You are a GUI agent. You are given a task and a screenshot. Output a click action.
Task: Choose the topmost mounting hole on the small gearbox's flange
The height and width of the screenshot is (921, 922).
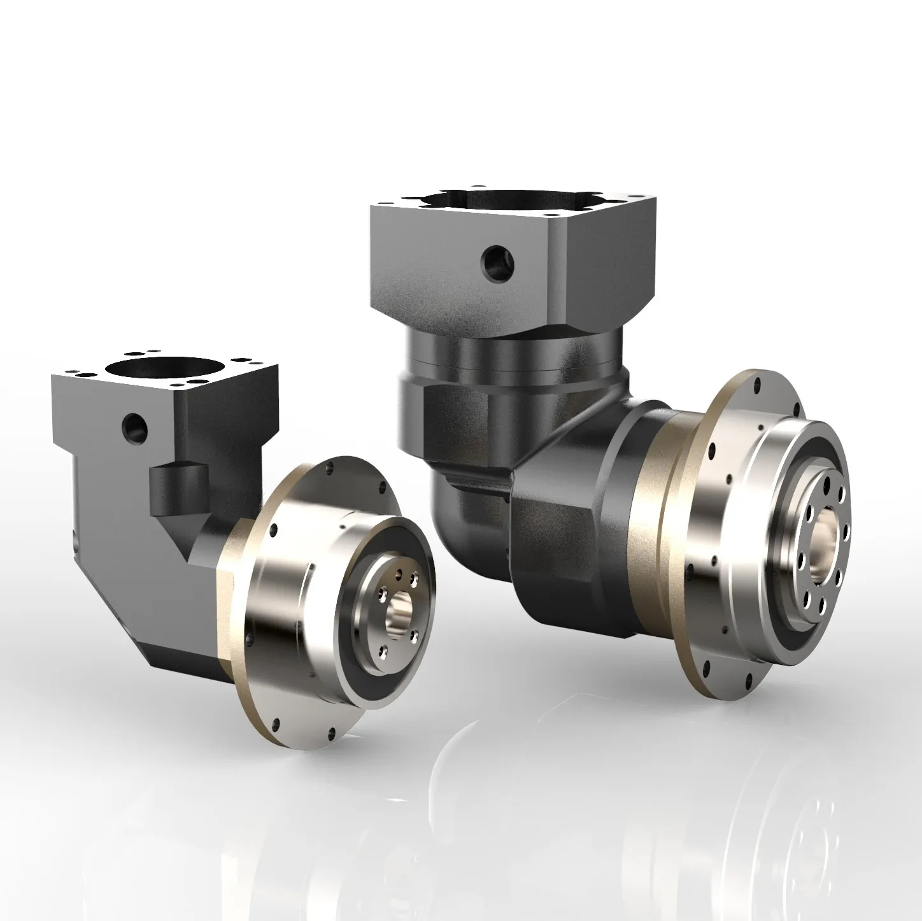pos(330,468)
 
